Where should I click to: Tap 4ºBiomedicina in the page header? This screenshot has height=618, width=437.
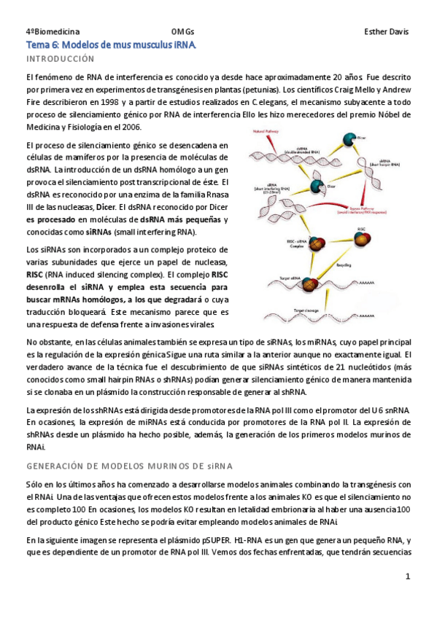(x=53, y=31)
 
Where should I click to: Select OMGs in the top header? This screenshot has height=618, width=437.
(x=182, y=31)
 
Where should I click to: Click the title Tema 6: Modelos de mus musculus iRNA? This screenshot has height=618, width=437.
(x=112, y=44)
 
